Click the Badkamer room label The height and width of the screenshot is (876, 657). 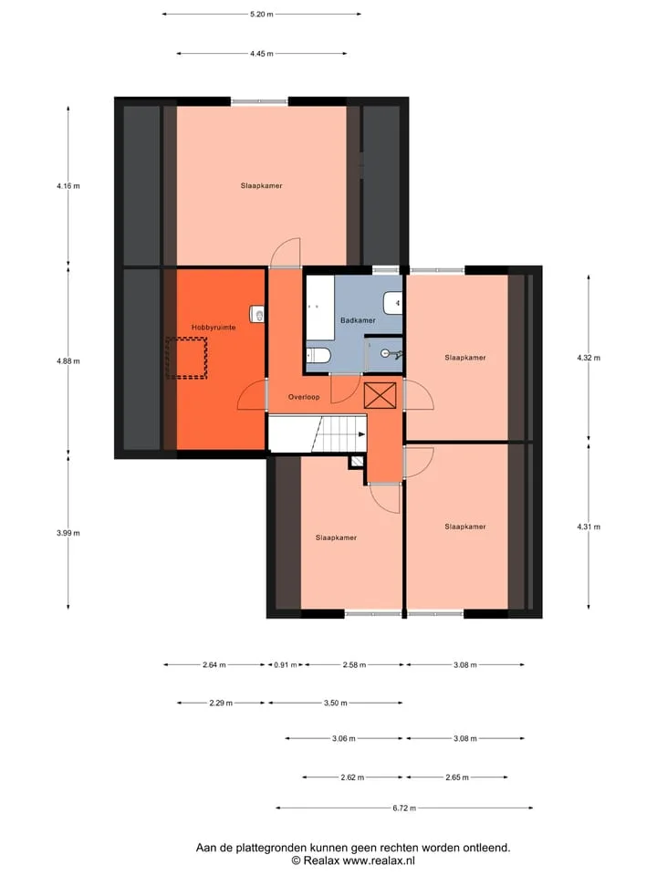358,320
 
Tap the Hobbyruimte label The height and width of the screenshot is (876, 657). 214,328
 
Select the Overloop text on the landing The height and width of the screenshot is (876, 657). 304,397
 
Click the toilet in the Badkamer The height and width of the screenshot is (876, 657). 319,355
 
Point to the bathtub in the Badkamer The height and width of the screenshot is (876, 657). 320,307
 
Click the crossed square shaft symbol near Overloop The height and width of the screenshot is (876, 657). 380,395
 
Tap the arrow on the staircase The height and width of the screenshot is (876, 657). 362,434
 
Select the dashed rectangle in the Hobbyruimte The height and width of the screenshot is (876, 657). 187,358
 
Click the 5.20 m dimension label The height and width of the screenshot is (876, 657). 262,14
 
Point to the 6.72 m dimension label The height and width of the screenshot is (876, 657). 404,808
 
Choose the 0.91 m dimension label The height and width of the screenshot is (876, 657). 286,665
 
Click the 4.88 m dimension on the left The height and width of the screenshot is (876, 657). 68,361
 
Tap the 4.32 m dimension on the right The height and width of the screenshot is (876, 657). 589,358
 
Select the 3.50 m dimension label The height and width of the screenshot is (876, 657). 335,703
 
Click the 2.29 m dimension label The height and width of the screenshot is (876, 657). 221,703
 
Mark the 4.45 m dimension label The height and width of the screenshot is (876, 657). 262,54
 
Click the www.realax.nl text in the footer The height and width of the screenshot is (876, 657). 379,860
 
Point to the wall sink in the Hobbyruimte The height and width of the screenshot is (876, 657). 257,314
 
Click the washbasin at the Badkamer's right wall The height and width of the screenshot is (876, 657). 392,303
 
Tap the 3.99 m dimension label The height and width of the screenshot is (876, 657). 68,533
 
